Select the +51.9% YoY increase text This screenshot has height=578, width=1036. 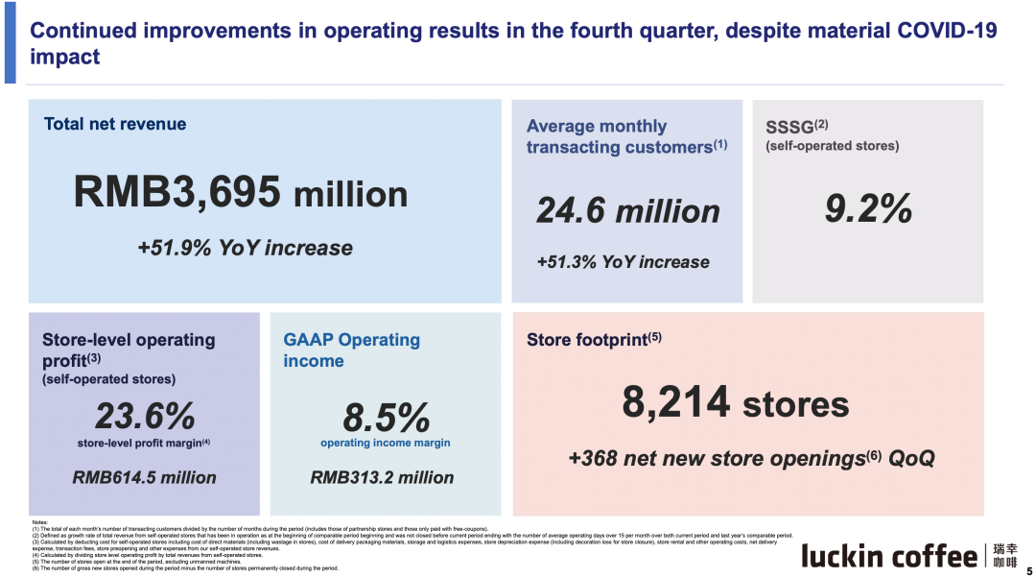click(245, 248)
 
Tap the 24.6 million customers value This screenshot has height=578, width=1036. click(627, 211)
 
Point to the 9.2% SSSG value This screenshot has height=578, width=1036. click(868, 208)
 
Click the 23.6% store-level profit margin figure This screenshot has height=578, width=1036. click(145, 417)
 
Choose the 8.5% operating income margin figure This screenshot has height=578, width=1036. click(385, 418)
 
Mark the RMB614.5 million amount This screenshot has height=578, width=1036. click(145, 477)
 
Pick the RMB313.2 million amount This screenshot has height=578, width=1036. click(383, 477)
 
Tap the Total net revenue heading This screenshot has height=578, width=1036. click(115, 124)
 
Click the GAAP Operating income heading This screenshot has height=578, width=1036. click(351, 350)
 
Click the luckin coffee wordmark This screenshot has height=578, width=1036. click(889, 556)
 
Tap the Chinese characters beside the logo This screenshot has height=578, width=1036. click(1005, 556)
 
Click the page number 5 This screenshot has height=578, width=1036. click(1028, 570)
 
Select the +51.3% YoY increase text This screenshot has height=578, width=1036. click(623, 262)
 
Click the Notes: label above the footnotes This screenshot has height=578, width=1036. click(39, 522)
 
